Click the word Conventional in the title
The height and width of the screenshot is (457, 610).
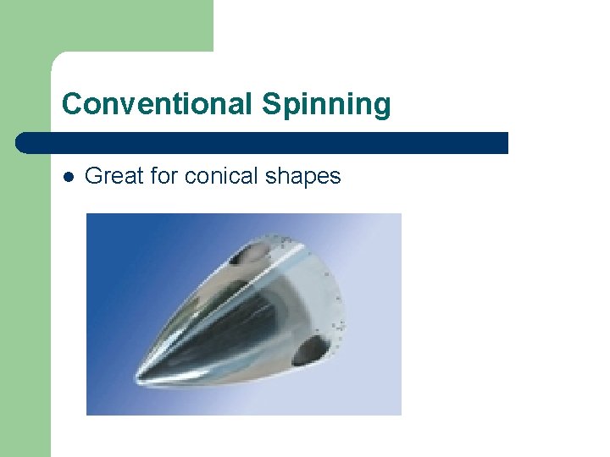pos(155,104)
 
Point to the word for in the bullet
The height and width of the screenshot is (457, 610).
pos(164,176)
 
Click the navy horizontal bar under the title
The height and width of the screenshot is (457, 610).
pos(263,143)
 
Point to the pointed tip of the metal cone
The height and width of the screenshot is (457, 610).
pos(138,377)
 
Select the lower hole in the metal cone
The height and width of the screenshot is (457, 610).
pos(313,348)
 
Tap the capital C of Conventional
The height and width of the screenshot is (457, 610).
pos(71,104)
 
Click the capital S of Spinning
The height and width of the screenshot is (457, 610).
pos(270,104)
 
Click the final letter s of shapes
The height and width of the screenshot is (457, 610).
pos(336,177)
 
